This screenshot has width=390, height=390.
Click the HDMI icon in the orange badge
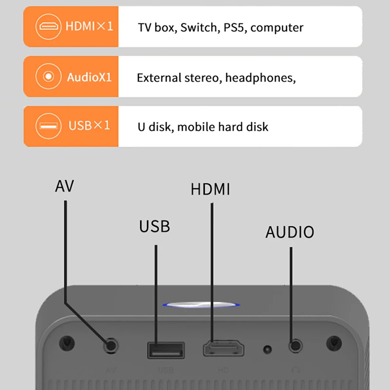tap(48, 26)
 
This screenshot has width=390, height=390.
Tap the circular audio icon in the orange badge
tap(48, 77)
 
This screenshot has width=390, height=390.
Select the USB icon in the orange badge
tap(48, 126)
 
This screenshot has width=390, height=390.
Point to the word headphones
tap(260, 78)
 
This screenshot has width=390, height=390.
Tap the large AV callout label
tap(64, 186)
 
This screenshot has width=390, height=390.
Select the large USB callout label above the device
tap(155, 226)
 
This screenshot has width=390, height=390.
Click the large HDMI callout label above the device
tap(210, 189)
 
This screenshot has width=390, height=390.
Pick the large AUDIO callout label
tap(290, 232)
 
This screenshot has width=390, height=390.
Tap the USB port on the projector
tap(166, 349)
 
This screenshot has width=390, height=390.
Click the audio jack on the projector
tap(294, 347)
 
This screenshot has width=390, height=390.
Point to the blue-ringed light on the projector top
tap(202, 305)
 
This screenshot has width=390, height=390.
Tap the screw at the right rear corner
tap(333, 342)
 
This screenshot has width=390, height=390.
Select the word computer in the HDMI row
tap(277, 27)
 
